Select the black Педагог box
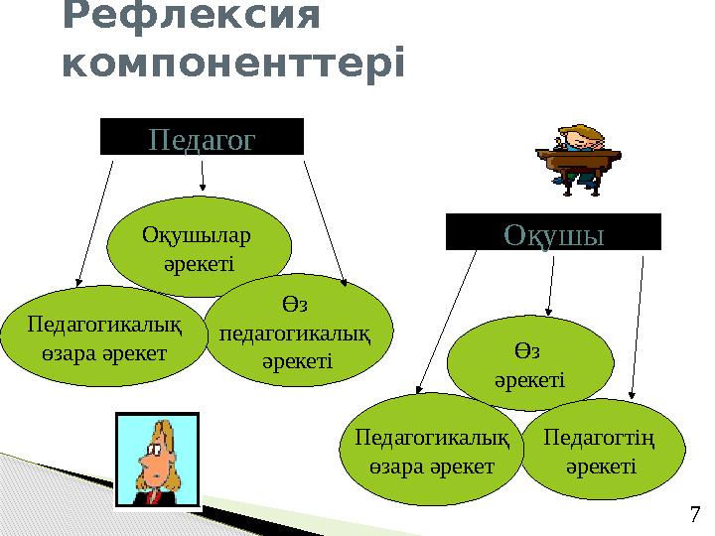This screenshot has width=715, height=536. tap(202, 137)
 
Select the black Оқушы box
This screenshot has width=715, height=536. tap(553, 232)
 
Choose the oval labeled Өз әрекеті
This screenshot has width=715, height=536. tap(526, 365)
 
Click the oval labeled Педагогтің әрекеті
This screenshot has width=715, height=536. tap(602, 450)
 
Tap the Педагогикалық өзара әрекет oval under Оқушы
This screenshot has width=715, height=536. tap(432, 450)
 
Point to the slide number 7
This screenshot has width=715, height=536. tap(694, 514)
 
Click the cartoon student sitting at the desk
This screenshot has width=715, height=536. tap(579, 155)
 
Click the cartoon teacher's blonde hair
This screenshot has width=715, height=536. tap(176, 452)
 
